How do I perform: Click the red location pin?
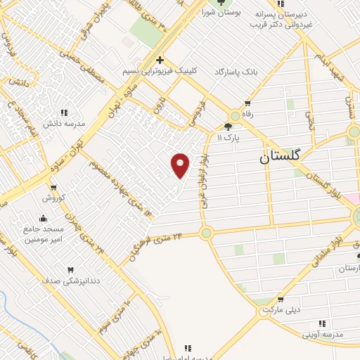click(x=181, y=165)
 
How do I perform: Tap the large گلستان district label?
click(x=279, y=157)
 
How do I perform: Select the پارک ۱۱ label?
click(x=228, y=139)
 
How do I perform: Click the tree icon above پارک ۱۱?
click(x=228, y=127)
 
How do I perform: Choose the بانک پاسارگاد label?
click(x=217, y=72)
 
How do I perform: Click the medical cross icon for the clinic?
click(x=160, y=60)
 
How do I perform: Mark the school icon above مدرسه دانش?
click(x=64, y=112)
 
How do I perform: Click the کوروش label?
click(x=53, y=197)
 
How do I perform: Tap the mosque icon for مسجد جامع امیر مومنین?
click(x=43, y=217)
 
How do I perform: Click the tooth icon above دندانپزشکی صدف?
click(x=70, y=269)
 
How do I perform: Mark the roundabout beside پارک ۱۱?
click(x=233, y=116)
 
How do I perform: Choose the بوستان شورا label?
click(x=221, y=13)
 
